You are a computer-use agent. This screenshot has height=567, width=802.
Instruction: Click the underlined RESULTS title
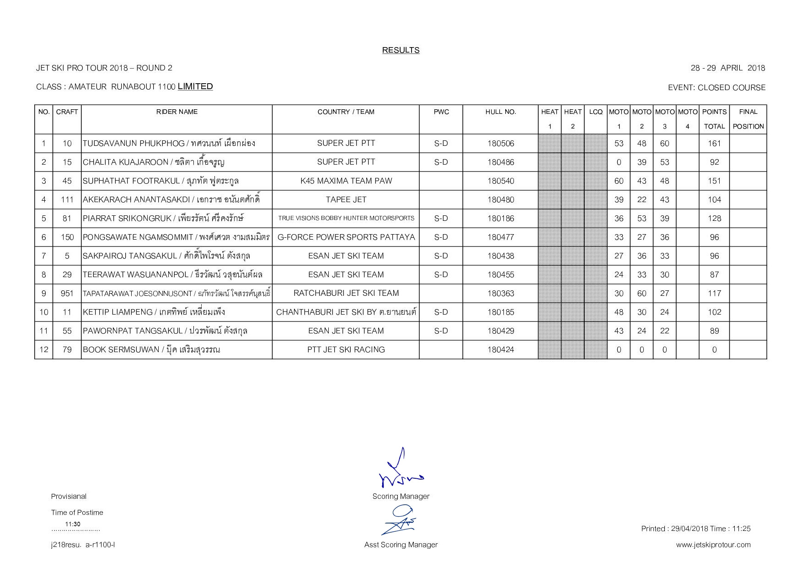click(x=401, y=50)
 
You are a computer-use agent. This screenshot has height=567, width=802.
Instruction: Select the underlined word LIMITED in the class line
click(x=195, y=86)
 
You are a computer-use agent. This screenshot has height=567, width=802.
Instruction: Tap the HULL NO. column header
click(x=500, y=112)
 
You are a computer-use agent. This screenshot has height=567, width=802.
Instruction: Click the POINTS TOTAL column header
click(x=714, y=119)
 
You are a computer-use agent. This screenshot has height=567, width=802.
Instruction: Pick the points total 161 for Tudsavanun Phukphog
click(x=714, y=144)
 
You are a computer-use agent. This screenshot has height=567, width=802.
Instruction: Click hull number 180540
click(x=500, y=181)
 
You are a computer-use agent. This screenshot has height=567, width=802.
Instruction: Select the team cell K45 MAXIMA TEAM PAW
click(x=346, y=181)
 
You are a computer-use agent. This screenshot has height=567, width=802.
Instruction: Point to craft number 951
click(x=67, y=294)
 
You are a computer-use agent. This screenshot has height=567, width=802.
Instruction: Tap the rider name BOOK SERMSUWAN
click(x=121, y=350)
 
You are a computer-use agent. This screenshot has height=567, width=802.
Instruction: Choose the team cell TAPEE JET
click(x=346, y=200)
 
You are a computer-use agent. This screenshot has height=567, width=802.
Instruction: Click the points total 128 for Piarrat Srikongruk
click(x=714, y=219)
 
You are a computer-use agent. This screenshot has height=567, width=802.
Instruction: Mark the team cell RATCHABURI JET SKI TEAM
click(x=346, y=293)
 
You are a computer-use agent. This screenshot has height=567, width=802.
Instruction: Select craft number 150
click(x=67, y=237)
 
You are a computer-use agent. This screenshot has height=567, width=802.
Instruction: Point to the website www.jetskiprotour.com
click(x=713, y=545)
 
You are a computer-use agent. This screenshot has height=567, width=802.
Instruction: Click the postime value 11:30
click(x=73, y=524)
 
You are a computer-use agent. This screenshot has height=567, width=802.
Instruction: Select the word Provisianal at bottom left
click(x=69, y=497)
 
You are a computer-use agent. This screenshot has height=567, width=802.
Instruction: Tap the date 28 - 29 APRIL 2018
click(x=727, y=68)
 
